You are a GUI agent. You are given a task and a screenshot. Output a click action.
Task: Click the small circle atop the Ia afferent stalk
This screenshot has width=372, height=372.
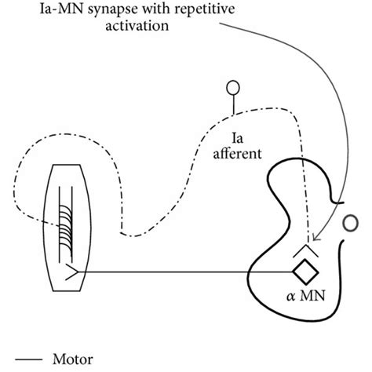233,87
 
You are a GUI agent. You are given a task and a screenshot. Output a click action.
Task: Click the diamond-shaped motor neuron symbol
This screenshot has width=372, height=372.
302,273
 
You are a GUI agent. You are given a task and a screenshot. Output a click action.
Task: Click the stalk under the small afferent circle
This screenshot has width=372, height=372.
233,104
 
